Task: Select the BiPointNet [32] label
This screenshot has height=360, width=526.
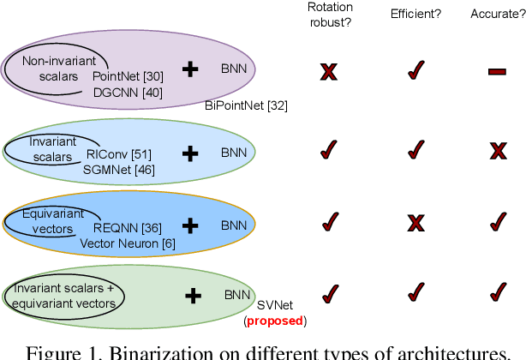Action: click(247, 105)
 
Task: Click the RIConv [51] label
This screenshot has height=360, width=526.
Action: click(119, 154)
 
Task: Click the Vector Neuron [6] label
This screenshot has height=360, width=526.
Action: click(120, 243)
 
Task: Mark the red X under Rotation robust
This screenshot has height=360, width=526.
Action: click(327, 72)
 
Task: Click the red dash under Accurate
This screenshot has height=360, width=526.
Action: click(497, 72)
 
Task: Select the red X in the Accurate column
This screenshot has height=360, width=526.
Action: click(498, 152)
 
